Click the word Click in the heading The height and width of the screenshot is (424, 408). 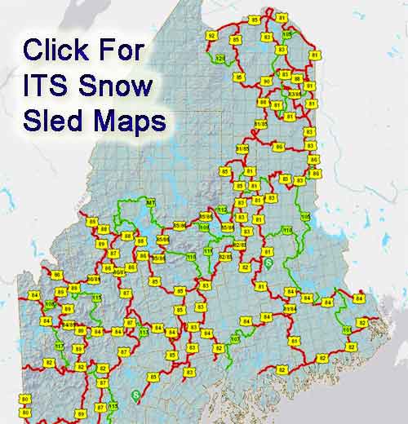[x=58, y=51]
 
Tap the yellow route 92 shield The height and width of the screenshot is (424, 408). [x=211, y=36]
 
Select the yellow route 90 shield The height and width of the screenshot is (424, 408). [x=242, y=79]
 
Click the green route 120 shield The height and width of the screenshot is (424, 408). [x=220, y=59]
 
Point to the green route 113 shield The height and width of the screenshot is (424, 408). [x=144, y=332]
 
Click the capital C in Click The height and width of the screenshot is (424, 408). [x=33, y=51]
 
